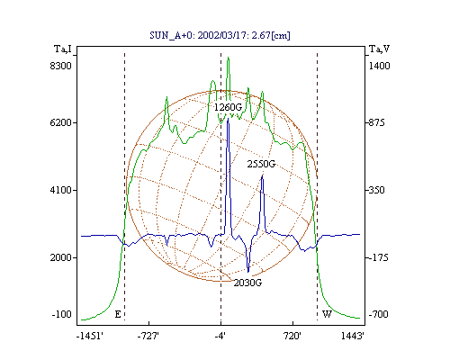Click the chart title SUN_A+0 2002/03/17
[x=220, y=36]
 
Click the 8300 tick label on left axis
[x=61, y=66]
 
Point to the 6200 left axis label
[x=61, y=122]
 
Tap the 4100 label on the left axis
[x=61, y=190]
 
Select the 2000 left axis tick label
[x=61, y=257]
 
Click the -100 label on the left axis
[x=62, y=314]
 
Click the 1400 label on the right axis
[x=379, y=66]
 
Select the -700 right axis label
[x=379, y=314]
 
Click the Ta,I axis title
[x=63, y=49]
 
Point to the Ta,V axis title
[x=379, y=49]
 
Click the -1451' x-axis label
[x=90, y=337]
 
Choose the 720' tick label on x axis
[x=292, y=337]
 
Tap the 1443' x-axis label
[x=353, y=337]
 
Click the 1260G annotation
[x=228, y=107]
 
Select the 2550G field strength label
[x=261, y=164]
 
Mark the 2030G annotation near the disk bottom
[x=247, y=283]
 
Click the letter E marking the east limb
[x=118, y=314]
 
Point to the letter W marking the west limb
[x=327, y=314]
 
